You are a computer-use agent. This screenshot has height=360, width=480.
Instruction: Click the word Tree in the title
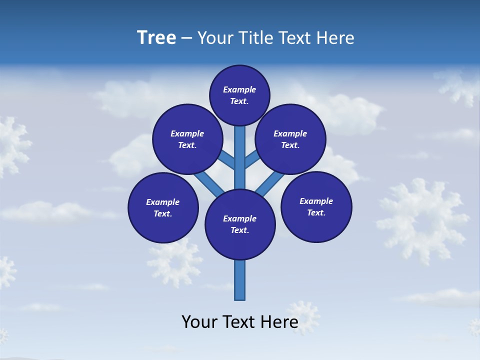tap(156, 38)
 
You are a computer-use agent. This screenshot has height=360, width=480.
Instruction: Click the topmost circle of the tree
tap(239, 95)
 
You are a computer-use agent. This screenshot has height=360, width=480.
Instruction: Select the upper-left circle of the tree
tap(187, 139)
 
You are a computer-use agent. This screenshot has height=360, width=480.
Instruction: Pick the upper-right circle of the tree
tap(290, 139)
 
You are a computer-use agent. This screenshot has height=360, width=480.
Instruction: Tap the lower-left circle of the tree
tap(163, 207)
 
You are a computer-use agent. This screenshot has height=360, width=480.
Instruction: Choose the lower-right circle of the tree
tap(316, 206)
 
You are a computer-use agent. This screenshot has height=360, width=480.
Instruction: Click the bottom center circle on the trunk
tap(240, 224)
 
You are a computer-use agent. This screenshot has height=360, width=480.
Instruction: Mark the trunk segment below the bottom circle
tap(240, 280)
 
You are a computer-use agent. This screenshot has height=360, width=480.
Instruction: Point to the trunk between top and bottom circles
tap(240, 157)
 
